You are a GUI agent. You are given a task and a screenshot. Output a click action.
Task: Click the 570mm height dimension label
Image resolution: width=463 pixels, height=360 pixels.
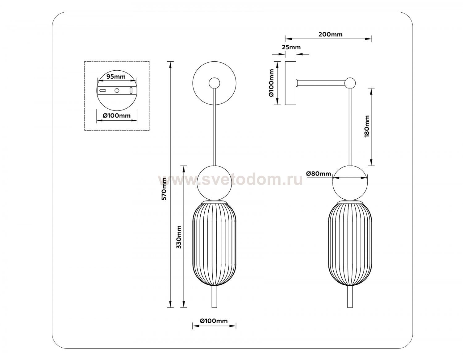click(164, 188)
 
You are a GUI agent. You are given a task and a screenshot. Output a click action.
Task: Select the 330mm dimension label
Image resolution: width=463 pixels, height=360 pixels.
click(179, 237)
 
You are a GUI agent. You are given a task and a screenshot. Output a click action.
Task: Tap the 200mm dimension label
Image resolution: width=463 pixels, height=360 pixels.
click(330, 34)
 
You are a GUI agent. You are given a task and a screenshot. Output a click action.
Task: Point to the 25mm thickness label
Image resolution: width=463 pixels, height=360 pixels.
click(291, 47)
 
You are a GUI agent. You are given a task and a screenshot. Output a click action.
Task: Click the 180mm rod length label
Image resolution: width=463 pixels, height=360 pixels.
click(367, 126)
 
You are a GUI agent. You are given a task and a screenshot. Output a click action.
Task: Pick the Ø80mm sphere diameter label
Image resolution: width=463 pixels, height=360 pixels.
click(319, 174)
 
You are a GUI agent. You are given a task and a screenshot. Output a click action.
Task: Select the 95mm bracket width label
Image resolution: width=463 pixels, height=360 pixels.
click(116, 77)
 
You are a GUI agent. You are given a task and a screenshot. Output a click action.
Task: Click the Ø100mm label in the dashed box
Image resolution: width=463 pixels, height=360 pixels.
click(117, 116)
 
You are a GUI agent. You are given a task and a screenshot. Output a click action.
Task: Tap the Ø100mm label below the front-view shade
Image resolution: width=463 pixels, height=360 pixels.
click(214, 321)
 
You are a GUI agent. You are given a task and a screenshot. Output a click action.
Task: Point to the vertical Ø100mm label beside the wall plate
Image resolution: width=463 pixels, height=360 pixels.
click(271, 83)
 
